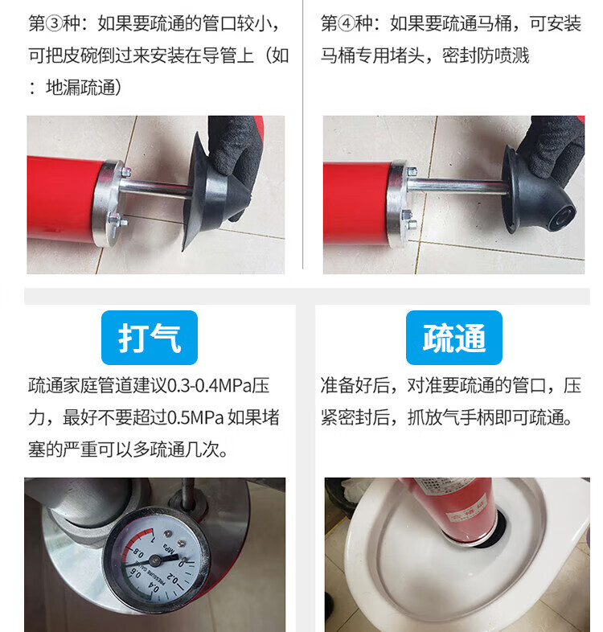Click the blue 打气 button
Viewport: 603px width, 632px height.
click(x=149, y=338)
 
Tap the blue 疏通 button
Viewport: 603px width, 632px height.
click(x=454, y=338)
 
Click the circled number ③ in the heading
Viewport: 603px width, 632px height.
click(x=54, y=24)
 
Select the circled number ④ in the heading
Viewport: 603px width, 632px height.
click(x=347, y=24)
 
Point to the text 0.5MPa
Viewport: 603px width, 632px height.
click(x=195, y=417)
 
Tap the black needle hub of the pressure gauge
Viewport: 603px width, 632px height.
click(x=155, y=560)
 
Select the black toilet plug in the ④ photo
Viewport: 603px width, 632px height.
click(x=537, y=194)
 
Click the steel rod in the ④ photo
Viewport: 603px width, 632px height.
click(x=457, y=186)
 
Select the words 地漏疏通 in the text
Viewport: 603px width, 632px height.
click(x=80, y=88)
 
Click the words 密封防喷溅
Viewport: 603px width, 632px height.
click(x=486, y=55)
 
